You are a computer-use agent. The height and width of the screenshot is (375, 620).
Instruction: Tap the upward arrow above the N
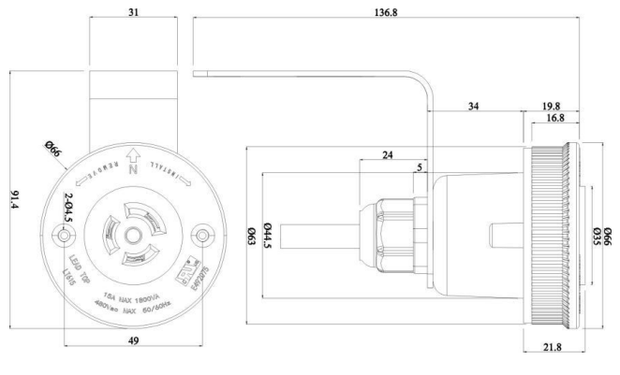pyautogui.click(x=133, y=156)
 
